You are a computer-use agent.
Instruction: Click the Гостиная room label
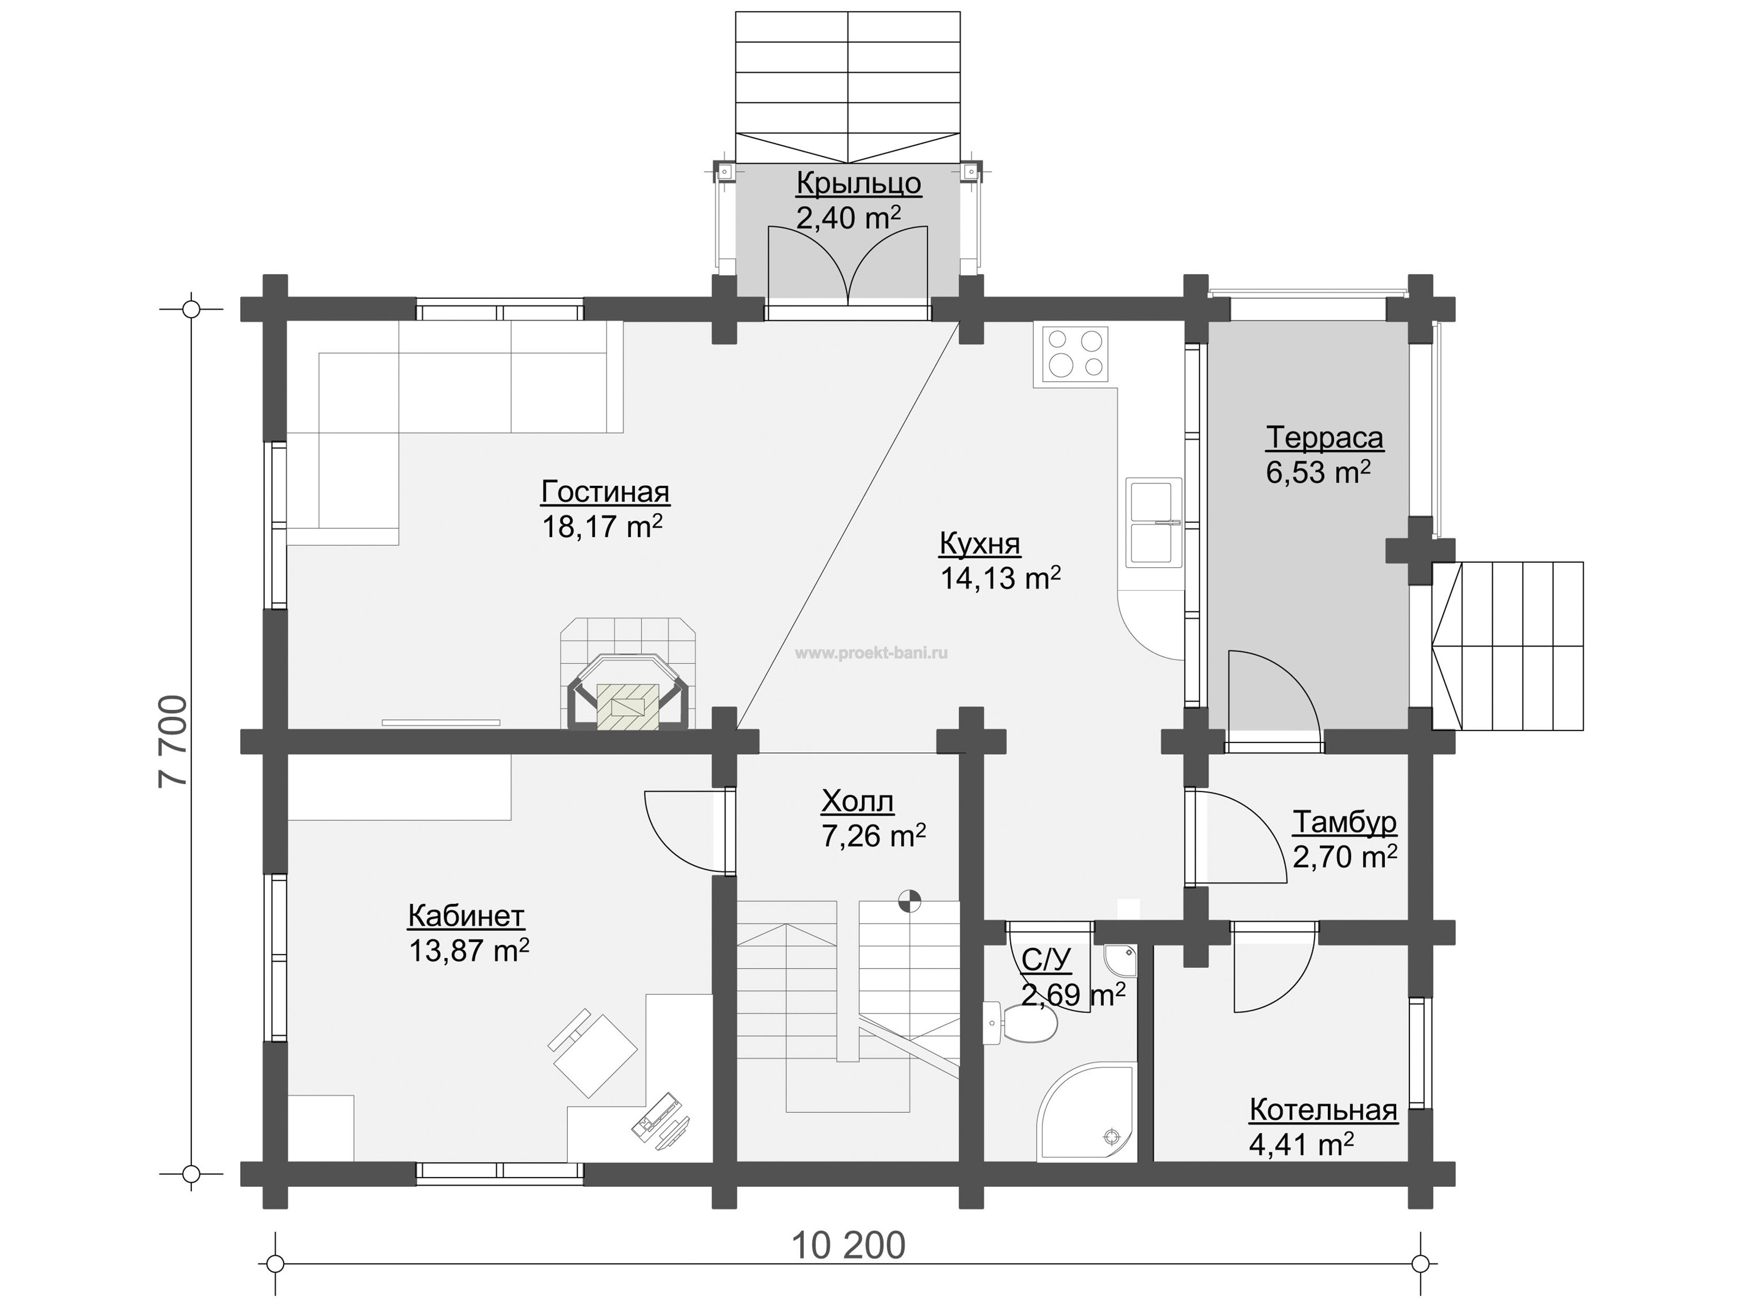(x=605, y=492)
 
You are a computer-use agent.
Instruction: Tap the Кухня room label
(x=980, y=544)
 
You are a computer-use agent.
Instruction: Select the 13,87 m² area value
(x=469, y=950)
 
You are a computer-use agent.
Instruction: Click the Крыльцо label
(x=859, y=183)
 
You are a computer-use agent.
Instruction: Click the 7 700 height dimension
(x=173, y=741)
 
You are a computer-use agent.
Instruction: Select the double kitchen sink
(x=1154, y=522)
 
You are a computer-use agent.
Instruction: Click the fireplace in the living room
(x=627, y=674)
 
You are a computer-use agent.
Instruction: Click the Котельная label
(x=1323, y=1111)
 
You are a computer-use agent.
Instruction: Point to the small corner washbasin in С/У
(x=1121, y=959)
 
